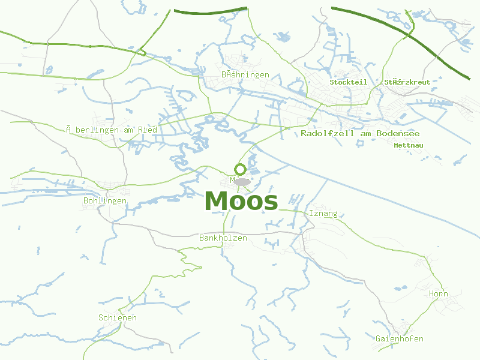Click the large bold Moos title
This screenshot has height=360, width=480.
tap(241, 202)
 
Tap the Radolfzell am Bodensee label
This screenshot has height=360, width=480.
tap(360, 133)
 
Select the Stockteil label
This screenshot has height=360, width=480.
tap(348, 82)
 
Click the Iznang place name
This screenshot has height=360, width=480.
tap(323, 214)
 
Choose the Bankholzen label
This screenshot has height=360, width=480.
tap(223, 238)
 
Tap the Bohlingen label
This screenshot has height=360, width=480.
tap(105, 200)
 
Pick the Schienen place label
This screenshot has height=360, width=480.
tap(118, 317)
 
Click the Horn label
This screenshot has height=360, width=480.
tap(439, 294)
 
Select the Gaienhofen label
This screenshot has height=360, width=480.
tap(400, 339)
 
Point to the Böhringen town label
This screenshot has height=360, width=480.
tap(245, 75)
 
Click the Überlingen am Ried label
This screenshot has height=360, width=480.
tap(112, 130)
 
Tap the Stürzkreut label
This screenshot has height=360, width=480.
tap(407, 82)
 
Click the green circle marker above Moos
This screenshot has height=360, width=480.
tap(240, 169)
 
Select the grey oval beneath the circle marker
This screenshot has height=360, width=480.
tap(242, 181)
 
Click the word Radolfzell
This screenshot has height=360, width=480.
tap(327, 133)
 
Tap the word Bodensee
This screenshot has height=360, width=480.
tap(398, 133)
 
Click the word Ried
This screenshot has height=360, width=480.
tap(148, 130)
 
